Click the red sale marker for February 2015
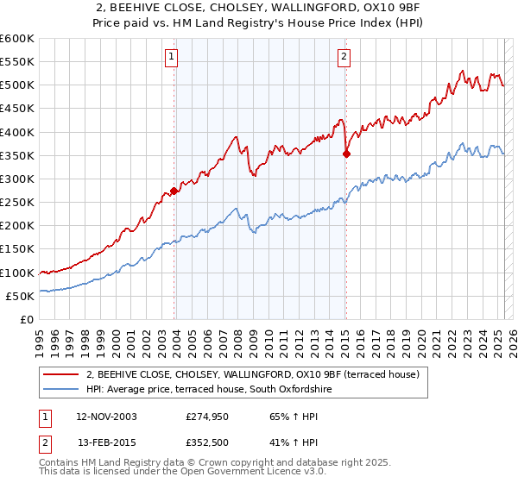(x=346, y=154)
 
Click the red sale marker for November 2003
(x=174, y=191)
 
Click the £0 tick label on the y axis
(x=26, y=319)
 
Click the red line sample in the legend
(x=60, y=374)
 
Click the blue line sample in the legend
(x=60, y=390)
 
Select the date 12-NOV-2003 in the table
(x=106, y=417)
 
